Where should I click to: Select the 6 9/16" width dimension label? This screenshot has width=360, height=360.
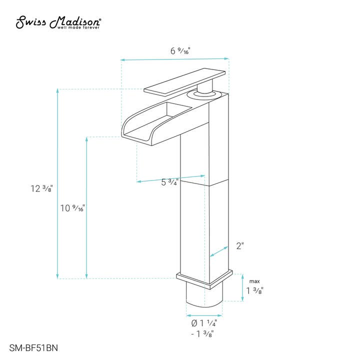(x=180, y=50)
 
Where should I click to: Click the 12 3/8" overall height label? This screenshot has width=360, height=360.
(x=41, y=188)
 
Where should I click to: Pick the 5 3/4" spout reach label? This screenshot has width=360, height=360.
(x=170, y=182)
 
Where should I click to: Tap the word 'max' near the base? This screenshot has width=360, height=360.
(x=254, y=281)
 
